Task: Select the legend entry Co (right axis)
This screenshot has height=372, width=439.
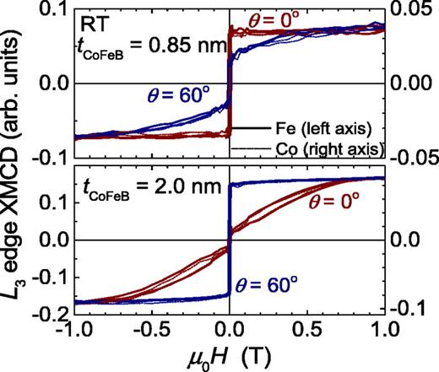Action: [326, 147]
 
